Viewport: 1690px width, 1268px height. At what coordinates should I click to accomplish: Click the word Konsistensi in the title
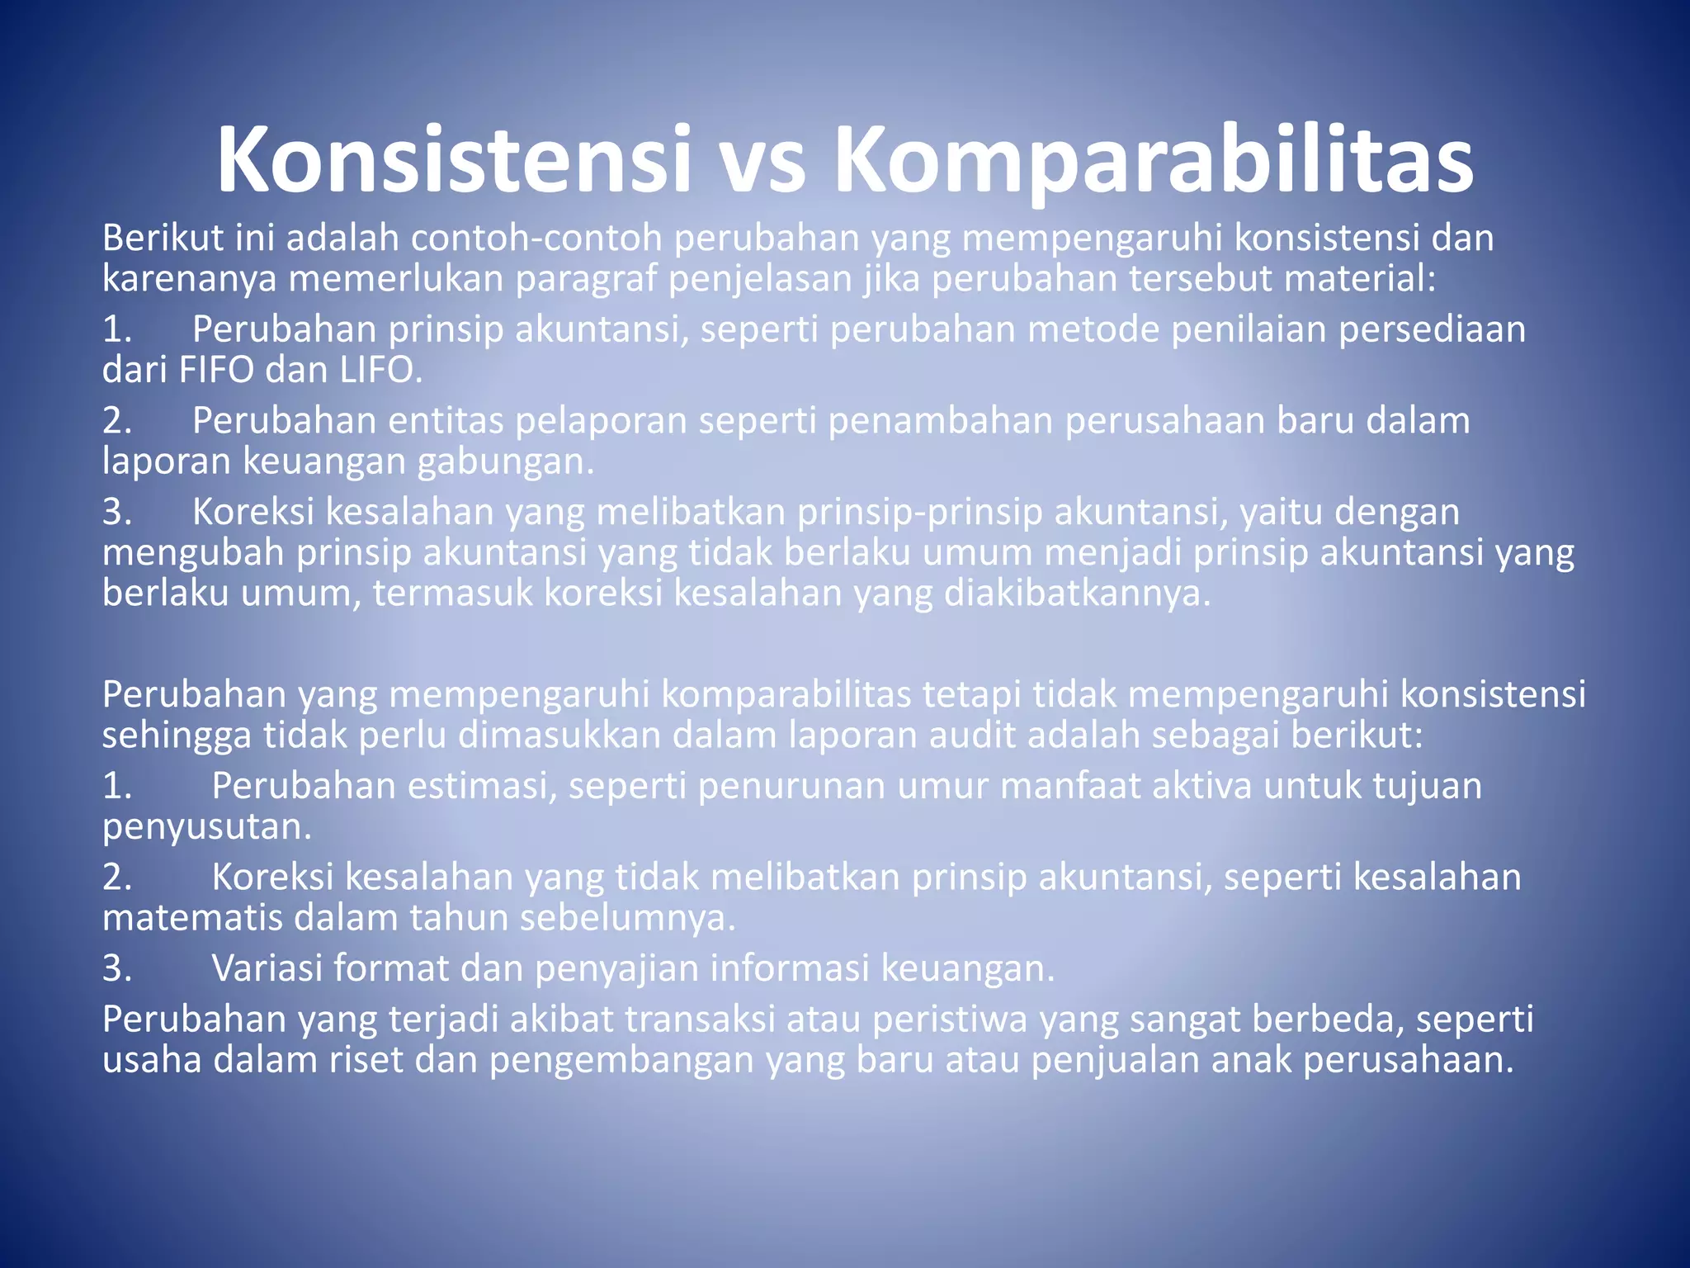coord(453,160)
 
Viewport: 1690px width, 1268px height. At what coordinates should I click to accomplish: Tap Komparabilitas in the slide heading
coord(1154,160)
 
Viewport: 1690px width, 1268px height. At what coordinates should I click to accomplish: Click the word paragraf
coord(587,279)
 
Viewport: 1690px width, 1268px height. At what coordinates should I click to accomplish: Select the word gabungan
coord(505,461)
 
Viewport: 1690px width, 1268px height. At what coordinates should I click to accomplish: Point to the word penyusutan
coord(206,826)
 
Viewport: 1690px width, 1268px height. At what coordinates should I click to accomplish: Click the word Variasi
coord(267,968)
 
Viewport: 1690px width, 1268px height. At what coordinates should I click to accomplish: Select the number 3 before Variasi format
coord(116,968)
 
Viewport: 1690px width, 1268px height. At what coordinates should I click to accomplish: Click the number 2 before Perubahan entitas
coord(116,420)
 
